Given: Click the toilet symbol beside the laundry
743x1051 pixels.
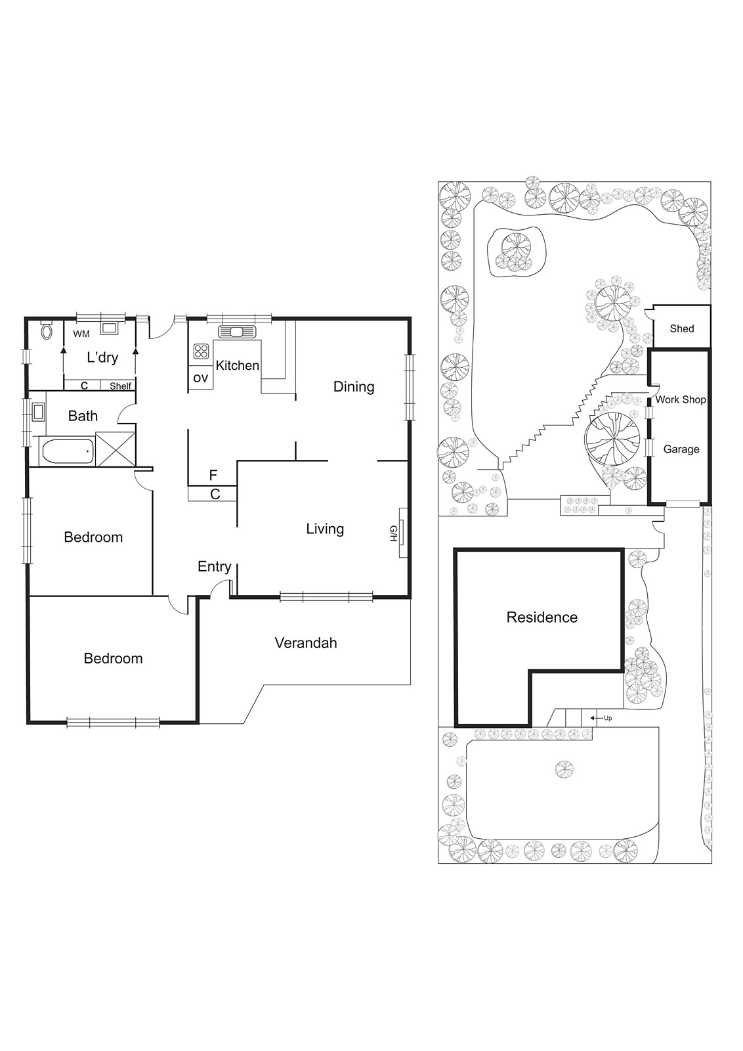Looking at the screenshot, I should click(46, 331).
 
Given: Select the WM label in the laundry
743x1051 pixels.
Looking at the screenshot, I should click(81, 334).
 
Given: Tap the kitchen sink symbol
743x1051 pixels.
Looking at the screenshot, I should click(236, 331).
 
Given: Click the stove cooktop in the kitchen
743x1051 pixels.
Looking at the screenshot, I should click(201, 351).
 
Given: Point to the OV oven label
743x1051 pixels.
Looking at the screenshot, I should click(200, 378).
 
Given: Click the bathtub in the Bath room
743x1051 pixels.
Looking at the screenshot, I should click(66, 452).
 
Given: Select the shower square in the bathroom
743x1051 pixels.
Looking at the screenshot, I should click(115, 449).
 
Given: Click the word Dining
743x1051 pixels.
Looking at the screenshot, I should click(353, 387).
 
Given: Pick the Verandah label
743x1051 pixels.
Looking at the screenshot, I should click(306, 643).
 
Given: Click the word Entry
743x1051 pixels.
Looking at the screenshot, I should click(214, 567).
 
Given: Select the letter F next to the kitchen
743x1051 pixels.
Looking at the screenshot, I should click(213, 475).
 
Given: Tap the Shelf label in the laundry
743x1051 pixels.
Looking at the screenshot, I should click(120, 386).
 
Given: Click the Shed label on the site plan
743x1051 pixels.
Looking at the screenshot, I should click(681, 329).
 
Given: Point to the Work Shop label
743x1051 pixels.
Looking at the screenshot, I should click(681, 399).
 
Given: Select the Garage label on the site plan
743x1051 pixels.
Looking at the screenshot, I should click(681, 449).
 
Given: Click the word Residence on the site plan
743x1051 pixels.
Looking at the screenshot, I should click(541, 617).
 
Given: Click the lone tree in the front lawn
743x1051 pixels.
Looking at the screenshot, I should click(563, 769).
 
